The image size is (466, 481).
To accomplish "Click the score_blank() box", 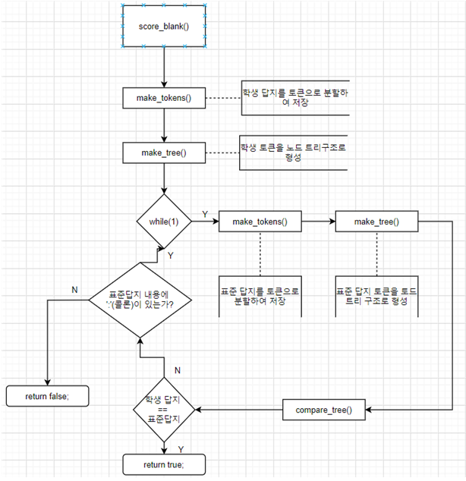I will [164, 27].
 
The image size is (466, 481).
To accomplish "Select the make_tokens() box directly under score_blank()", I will [164, 99].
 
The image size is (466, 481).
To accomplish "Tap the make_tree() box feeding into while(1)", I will [164, 152].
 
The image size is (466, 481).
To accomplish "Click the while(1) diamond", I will [164, 222].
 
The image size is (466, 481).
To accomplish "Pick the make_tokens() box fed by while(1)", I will [260, 222].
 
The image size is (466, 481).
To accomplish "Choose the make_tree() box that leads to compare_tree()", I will [376, 222].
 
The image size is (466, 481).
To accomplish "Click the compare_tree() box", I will [328, 410].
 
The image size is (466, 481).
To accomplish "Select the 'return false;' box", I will [47, 395].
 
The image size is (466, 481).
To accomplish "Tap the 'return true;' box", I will [164, 464].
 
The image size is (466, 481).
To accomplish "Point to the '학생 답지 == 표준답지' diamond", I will [164, 410].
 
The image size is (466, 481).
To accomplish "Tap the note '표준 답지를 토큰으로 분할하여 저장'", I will [260, 295].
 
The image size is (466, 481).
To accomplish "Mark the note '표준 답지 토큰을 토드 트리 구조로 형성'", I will [376, 295].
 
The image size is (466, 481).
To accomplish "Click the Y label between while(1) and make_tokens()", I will [205, 214].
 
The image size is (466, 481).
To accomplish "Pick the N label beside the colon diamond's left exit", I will [74, 290].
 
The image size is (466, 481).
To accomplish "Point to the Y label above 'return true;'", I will [180, 448].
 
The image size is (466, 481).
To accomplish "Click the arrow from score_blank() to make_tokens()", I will [164, 68].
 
